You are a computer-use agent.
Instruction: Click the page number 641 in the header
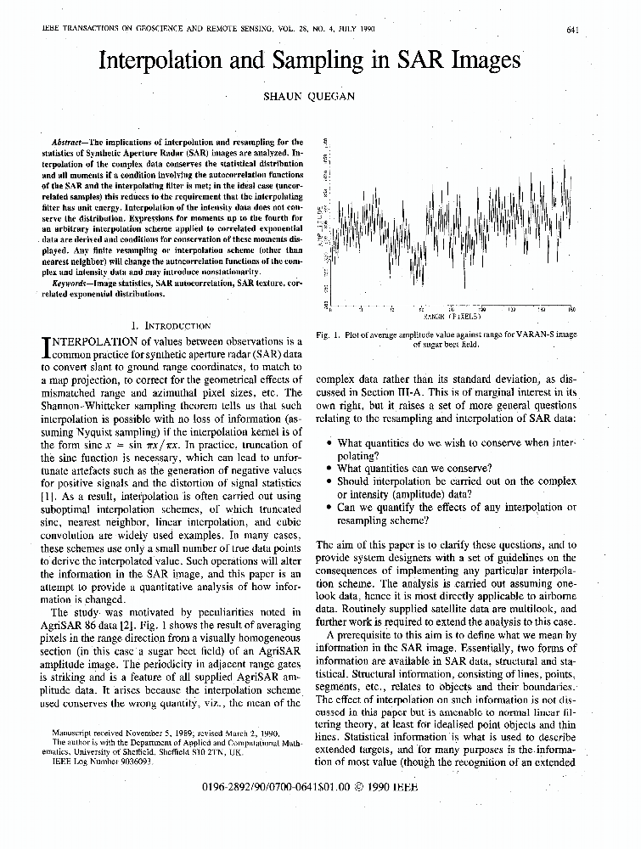(572, 31)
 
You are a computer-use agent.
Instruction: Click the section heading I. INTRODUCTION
(173, 325)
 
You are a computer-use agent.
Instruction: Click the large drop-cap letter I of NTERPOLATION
(46, 347)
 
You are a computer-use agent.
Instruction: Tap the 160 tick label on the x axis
(572, 309)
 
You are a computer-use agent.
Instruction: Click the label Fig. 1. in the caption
(330, 335)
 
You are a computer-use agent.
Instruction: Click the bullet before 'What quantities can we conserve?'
(329, 468)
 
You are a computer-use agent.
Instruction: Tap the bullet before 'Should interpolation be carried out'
(329, 481)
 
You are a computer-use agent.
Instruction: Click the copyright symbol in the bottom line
(360, 787)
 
